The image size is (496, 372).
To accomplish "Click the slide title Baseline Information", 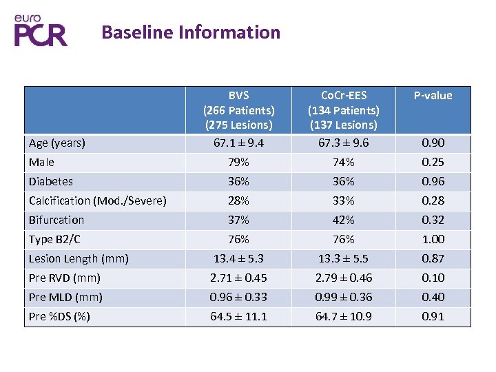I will (191, 32).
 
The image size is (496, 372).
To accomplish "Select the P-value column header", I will (433, 96).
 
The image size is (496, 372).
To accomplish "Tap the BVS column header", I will (238, 110).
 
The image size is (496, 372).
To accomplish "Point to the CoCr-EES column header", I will (343, 110).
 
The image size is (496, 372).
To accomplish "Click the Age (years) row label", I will (57, 143).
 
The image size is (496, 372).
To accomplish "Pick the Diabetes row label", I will (51, 182).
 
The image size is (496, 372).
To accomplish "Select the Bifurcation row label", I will (56, 220).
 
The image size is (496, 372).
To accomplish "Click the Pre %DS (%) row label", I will (61, 317).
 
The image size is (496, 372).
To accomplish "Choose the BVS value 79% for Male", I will (238, 163).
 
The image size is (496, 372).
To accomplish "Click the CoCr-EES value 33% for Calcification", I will (343, 201).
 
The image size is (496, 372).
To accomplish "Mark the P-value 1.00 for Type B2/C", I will (433, 240).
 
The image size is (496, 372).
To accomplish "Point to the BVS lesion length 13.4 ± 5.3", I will (238, 259).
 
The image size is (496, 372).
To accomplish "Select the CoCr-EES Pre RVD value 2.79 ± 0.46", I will (343, 278).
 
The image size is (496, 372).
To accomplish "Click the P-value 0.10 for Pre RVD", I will (433, 278).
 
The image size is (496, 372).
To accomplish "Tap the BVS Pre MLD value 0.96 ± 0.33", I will (238, 298).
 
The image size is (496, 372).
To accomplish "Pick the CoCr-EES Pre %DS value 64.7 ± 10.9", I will (343, 317).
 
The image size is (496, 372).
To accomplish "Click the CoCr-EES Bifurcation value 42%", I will (343, 220).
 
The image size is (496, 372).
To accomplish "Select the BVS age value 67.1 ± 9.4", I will (238, 143).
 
